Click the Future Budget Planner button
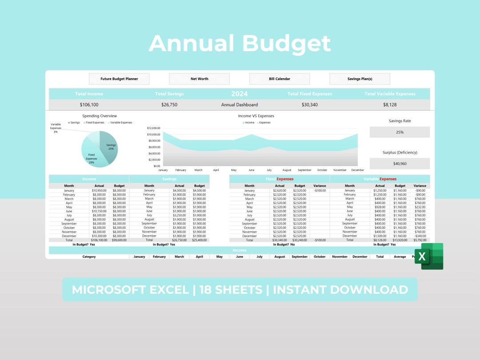[x=119, y=79]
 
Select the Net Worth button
[x=199, y=79]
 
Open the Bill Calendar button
[x=279, y=79]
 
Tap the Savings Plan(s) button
[x=360, y=79]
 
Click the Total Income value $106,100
[x=89, y=105]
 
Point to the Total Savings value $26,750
[x=169, y=105]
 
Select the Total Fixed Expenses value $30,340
[x=309, y=105]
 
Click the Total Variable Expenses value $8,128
[x=390, y=105]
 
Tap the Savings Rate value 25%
[x=400, y=132]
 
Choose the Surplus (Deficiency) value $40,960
[x=400, y=164]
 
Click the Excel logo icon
[x=429, y=256]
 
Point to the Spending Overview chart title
[x=100, y=116]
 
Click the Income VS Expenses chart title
[x=256, y=116]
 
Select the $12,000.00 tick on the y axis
[x=153, y=128]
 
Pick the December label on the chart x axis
[x=357, y=170]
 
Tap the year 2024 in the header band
[x=240, y=94]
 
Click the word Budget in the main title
[x=287, y=44]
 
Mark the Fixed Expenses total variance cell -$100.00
[x=320, y=240]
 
